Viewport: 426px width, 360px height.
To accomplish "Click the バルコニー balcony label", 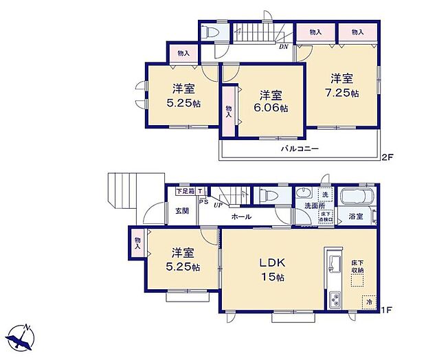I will (299, 149).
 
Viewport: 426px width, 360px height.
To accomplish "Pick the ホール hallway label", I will (240, 216).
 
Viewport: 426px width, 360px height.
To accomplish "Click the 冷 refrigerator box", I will (370, 300).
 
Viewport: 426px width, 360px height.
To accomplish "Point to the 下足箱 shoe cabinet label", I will (185, 190).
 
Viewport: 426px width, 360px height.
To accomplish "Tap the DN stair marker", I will (282, 47).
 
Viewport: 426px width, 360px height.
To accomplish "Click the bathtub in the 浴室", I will (357, 196).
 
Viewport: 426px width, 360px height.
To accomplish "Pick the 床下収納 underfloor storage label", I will (357, 266).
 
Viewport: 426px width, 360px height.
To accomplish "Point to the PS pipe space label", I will (203, 202).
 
